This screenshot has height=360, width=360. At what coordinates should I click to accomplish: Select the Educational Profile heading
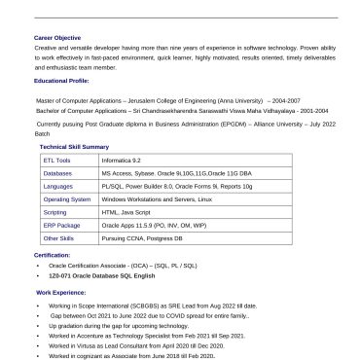pyautogui.click(x=60, y=82)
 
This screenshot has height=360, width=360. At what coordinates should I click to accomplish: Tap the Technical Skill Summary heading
pyautogui.click(x=75, y=146)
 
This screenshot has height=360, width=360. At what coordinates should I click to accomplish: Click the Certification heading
pyautogui.click(x=52, y=255)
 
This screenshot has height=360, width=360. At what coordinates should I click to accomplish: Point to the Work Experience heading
pyautogui.click(x=60, y=292)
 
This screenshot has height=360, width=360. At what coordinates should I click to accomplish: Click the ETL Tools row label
pyautogui.click(x=57, y=160)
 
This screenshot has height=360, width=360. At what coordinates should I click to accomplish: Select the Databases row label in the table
pyautogui.click(x=57, y=172)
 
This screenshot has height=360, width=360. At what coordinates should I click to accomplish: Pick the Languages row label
pyautogui.click(x=58, y=185)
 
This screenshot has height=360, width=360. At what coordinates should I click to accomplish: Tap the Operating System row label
pyautogui.click(x=66, y=198)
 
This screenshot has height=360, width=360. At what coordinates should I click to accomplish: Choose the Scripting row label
pyautogui.click(x=55, y=211)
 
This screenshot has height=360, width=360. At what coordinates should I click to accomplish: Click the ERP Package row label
pyautogui.click(x=61, y=225)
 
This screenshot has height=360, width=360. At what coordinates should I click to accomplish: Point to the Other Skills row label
pyautogui.click(x=58, y=237)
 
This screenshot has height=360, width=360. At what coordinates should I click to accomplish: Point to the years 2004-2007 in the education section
pyautogui.click(x=285, y=99)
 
